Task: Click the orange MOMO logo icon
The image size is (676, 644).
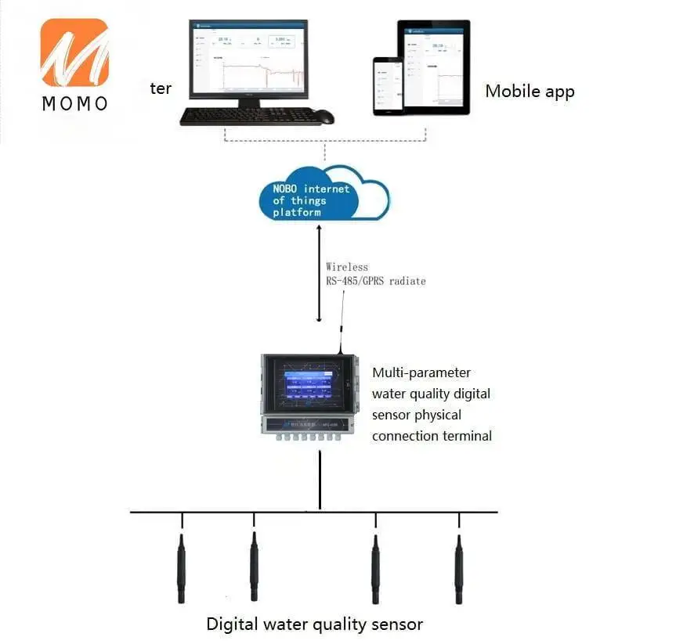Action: tap(74, 52)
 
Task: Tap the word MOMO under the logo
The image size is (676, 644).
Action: tap(74, 103)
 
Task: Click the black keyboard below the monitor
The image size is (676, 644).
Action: tap(250, 116)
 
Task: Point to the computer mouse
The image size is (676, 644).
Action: tap(325, 117)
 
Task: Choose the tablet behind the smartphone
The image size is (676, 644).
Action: tap(436, 66)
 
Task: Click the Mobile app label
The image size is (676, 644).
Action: tap(530, 91)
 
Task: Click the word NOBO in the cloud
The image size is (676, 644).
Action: tap(285, 189)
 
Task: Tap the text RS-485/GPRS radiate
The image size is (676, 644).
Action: tap(376, 280)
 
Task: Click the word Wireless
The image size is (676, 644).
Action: tap(347, 267)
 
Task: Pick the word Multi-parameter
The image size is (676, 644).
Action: tap(421, 372)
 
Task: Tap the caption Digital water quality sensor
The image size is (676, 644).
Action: tap(314, 624)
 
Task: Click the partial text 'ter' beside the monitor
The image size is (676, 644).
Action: tap(161, 88)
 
